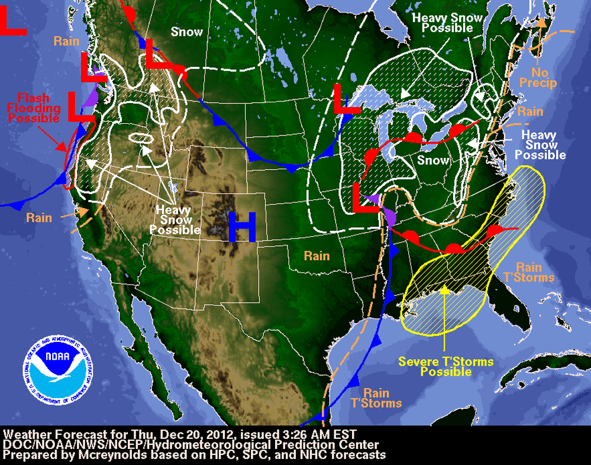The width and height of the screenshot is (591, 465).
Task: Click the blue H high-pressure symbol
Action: (243, 227)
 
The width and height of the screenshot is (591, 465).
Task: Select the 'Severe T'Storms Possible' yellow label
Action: (445, 366)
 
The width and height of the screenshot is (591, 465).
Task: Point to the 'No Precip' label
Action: (538, 77)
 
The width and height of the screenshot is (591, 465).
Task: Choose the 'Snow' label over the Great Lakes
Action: (432, 160)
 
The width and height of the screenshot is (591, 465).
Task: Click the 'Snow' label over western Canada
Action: (186, 32)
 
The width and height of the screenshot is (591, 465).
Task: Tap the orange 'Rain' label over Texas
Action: (317, 256)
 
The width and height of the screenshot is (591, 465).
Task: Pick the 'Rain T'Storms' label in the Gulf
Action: (376, 398)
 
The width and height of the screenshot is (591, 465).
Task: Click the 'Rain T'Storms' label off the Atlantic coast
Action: (535, 272)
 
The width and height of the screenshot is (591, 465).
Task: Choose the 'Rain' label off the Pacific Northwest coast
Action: (66, 41)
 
